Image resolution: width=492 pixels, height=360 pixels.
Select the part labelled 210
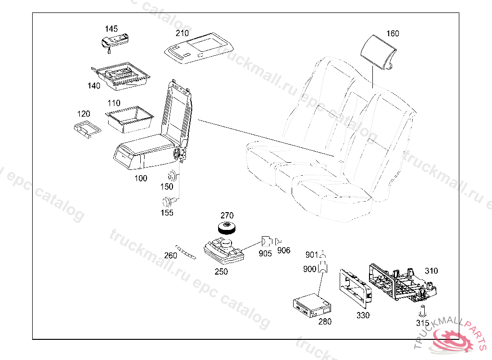tap(198, 48)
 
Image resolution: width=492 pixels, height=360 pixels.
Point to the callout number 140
tap(94, 86)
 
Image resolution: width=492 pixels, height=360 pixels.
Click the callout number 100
tap(141, 179)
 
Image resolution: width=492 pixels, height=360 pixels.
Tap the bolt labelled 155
tap(168, 201)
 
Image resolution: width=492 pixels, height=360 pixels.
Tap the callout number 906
tap(284, 251)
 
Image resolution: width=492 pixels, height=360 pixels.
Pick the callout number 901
tap(312, 254)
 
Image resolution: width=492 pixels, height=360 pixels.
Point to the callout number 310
tap(431, 271)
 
